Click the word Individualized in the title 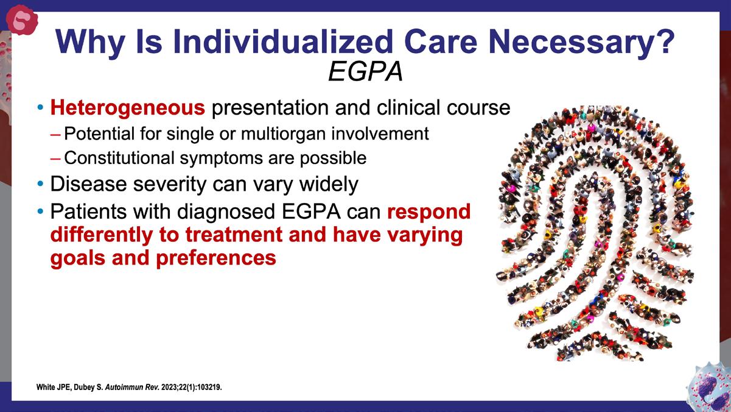pyautogui.click(x=282, y=42)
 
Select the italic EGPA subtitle pyautogui.click(x=365, y=71)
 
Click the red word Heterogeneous pyautogui.click(x=128, y=108)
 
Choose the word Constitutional pyautogui.click(x=119, y=158)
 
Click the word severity pyautogui.click(x=170, y=185)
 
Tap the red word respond pyautogui.click(x=429, y=212)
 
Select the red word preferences pyautogui.click(x=216, y=258)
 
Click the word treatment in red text pyautogui.click(x=234, y=235)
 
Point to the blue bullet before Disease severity pyautogui.click(x=40, y=184)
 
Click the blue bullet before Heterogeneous pyautogui.click(x=40, y=107)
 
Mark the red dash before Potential pyautogui.click(x=55, y=135)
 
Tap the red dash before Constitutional pyautogui.click(x=55, y=159)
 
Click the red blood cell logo pyautogui.click(x=22, y=20)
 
